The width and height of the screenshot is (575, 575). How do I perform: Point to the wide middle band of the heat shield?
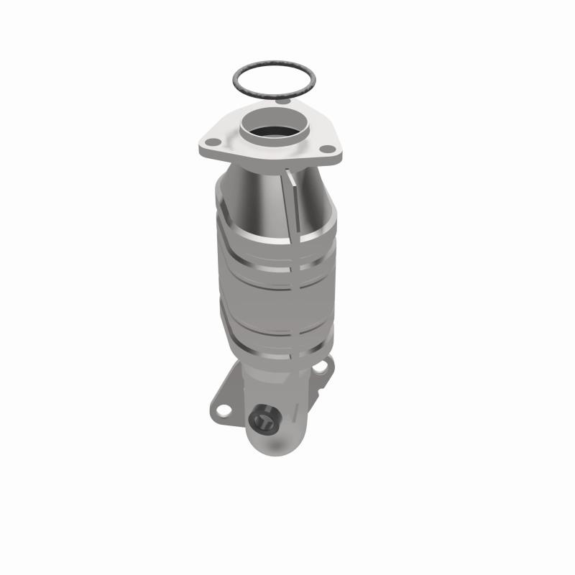pyautogui.click(x=273, y=302)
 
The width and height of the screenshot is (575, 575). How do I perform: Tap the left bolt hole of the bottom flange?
pyautogui.click(x=224, y=411)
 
